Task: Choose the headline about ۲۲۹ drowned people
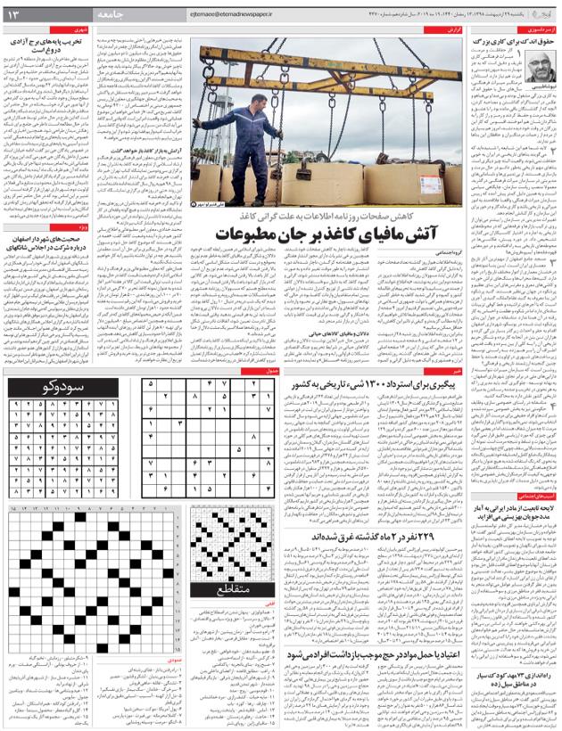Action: click(x=348, y=537)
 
